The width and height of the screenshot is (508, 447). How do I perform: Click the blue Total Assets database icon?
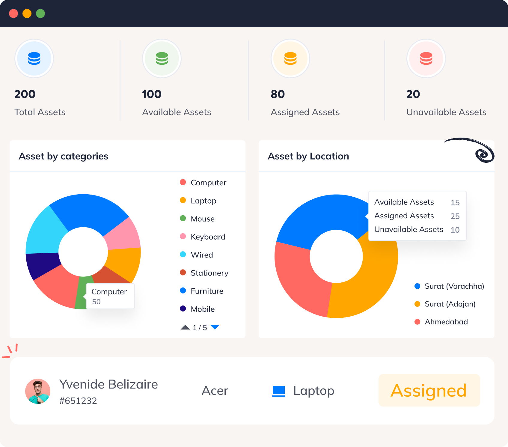[34, 58]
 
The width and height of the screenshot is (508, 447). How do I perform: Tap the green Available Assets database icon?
[162, 58]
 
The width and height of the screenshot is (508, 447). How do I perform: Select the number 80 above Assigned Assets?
[278, 94]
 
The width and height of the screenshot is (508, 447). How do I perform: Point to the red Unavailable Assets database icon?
[426, 58]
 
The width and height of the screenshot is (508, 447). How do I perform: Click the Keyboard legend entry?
[207, 237]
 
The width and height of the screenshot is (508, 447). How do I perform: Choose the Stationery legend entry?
[209, 273]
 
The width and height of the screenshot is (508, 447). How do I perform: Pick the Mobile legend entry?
[202, 309]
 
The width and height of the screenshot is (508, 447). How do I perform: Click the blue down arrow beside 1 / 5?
[215, 327]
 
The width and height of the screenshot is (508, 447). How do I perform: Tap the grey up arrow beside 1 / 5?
[185, 327]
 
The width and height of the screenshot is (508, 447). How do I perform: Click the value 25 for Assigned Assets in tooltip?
[455, 216]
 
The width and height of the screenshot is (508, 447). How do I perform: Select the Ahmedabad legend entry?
[446, 322]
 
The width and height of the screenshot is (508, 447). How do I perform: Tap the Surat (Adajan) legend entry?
[450, 304]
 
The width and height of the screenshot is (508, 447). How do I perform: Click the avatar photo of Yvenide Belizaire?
[38, 391]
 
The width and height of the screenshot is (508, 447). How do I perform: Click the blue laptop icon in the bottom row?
[278, 391]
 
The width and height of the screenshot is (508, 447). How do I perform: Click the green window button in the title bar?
[40, 13]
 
